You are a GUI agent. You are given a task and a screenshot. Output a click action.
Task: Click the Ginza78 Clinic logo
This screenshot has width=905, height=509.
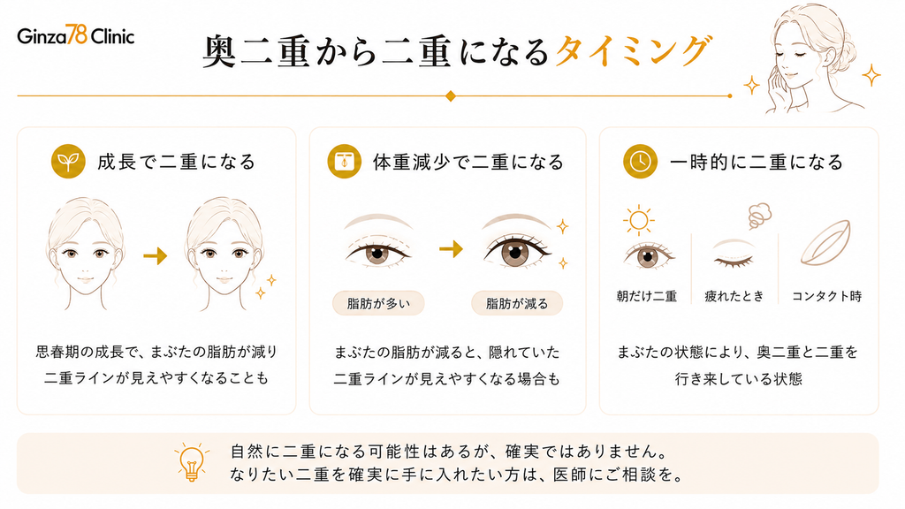tap(76, 35)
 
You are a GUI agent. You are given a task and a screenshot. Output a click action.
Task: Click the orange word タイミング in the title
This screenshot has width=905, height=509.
tap(633, 50)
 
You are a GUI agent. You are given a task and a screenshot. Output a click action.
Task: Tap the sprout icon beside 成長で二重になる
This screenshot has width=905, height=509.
tap(68, 161)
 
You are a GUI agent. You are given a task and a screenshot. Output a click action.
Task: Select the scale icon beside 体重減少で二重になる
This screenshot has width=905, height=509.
tap(345, 161)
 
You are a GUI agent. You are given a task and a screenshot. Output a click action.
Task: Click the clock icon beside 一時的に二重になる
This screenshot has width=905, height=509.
tap(640, 161)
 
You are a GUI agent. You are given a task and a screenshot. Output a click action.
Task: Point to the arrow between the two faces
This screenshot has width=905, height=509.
tap(156, 255)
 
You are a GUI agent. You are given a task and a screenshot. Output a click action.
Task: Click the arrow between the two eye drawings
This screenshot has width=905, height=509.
tap(452, 248)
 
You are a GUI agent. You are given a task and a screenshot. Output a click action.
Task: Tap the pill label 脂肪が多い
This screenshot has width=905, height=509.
tap(378, 303)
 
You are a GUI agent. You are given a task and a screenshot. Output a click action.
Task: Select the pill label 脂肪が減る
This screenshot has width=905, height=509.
tap(517, 303)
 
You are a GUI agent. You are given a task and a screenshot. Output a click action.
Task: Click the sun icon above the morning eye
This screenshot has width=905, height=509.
tap(638, 220)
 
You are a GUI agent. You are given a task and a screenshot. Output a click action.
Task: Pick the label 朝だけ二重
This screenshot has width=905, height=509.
tap(646, 296)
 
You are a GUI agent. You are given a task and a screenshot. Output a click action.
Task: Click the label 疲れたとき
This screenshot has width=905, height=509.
tap(734, 296)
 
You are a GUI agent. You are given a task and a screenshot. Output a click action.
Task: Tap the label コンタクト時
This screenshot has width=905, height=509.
tap(826, 296)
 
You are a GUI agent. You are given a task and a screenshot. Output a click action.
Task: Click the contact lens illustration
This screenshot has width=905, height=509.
tap(825, 244)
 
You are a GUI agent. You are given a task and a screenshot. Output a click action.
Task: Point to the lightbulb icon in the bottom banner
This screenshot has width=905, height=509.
tap(192, 462)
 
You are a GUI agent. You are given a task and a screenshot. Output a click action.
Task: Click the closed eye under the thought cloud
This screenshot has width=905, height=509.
tap(734, 257)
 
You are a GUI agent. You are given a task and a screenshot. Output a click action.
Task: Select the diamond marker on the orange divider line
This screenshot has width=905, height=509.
tap(451, 95)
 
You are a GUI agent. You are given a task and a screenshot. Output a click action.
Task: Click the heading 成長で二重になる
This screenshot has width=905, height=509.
tap(177, 162)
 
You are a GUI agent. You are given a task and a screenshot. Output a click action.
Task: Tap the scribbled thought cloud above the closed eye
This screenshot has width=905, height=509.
tap(759, 216)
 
